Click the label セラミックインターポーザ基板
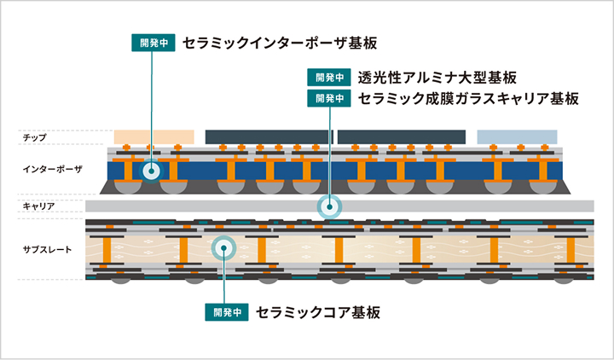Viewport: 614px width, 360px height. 279,43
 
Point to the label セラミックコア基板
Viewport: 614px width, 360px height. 318,312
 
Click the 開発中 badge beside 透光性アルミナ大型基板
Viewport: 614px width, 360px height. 330,78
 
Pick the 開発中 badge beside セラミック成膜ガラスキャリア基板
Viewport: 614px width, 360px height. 330,98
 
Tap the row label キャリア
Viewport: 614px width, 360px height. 39,206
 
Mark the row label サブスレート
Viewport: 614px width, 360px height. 45,249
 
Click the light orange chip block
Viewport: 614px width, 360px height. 153,136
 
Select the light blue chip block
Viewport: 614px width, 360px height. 517,136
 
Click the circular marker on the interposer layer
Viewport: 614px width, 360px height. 151,171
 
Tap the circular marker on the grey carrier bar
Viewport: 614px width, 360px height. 328,206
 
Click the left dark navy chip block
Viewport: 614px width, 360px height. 269,136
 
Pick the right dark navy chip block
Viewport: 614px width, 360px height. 401,136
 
